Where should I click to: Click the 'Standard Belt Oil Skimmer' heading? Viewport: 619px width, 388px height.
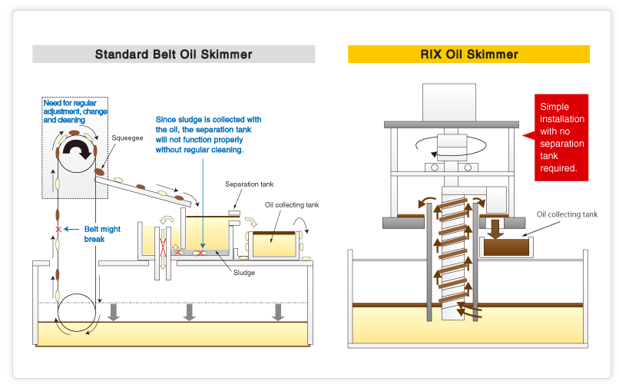point(174,55)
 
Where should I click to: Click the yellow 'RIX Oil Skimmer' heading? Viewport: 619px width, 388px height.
point(468,55)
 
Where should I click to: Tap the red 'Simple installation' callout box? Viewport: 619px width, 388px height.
point(561,137)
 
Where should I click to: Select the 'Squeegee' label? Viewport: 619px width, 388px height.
point(126,138)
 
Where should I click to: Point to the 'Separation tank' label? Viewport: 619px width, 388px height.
point(249,184)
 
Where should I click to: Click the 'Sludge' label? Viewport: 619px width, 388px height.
point(244,273)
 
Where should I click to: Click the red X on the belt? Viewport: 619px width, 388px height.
point(58,229)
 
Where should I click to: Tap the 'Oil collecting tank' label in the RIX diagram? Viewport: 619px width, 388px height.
point(567,214)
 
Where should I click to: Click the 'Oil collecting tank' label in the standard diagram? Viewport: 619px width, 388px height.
point(291,205)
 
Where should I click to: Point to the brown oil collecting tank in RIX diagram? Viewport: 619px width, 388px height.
point(505,247)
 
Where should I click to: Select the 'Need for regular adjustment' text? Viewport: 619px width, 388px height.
point(74,111)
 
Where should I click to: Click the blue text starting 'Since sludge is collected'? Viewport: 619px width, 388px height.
point(208,134)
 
